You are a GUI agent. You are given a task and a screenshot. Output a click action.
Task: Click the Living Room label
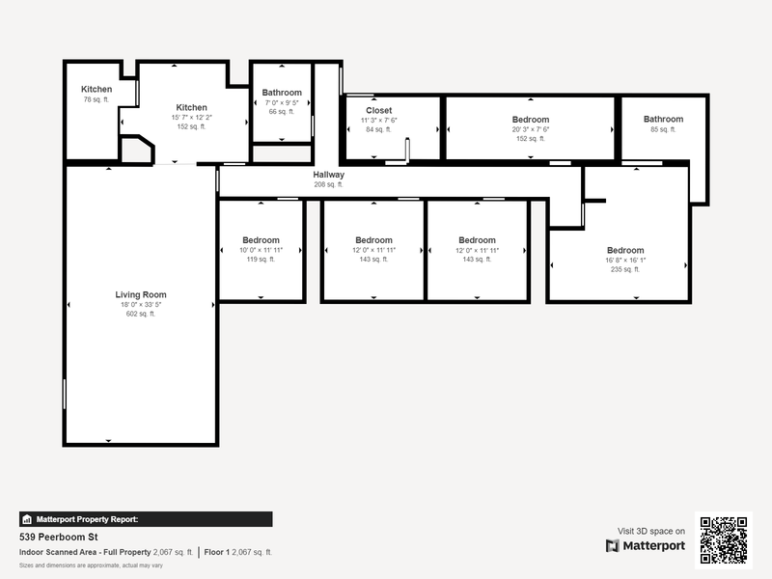coord(141,294)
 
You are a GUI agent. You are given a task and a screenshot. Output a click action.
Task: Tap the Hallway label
coord(328,175)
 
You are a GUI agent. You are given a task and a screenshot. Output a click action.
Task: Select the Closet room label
coord(378,110)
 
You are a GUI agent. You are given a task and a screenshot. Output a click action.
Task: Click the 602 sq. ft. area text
coord(141,314)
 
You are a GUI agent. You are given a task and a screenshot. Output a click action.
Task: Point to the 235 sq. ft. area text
coord(624,269)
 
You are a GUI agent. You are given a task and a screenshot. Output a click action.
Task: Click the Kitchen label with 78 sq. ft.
coord(96,90)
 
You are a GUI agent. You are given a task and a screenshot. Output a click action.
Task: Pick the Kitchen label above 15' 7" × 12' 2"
coord(191,107)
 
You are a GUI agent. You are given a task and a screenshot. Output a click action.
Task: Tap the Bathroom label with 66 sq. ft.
coord(282,93)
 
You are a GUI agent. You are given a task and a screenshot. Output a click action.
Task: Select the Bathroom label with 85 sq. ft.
coord(664,119)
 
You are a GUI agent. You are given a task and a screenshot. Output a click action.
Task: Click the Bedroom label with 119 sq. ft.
coord(261,240)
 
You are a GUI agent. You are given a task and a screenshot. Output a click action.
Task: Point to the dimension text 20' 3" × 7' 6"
coord(531,129)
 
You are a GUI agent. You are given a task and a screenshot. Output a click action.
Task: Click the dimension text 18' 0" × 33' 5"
coord(141,305)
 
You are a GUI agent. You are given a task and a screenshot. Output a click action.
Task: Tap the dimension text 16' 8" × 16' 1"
coord(624,261)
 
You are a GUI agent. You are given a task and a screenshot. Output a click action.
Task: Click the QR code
coord(724,540)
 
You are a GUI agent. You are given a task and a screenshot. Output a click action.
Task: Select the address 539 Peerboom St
coord(60,536)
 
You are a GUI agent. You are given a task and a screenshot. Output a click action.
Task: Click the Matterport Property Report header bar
coord(146,518)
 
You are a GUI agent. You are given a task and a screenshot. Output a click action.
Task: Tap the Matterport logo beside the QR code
coord(646,546)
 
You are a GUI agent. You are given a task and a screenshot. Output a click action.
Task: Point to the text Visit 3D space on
coord(651,531)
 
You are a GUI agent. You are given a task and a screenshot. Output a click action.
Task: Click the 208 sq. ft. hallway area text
coord(328,184)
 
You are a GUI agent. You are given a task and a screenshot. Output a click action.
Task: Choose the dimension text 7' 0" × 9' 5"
coord(282,102)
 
